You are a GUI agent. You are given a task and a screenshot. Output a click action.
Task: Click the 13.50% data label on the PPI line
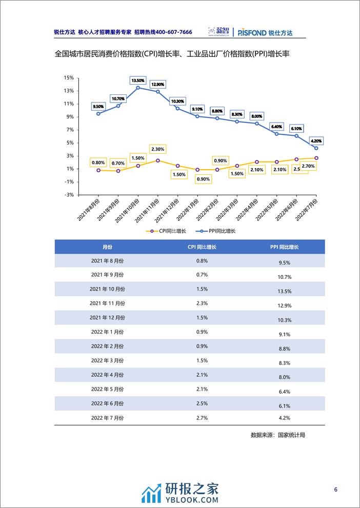[138, 80]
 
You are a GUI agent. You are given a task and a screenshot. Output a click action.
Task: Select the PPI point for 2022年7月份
[316, 148]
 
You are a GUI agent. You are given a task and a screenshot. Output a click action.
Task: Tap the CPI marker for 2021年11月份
[157, 160]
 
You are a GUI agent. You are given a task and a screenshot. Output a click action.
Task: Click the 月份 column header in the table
[107, 247]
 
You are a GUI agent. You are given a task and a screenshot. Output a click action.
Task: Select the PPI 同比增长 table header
[285, 247]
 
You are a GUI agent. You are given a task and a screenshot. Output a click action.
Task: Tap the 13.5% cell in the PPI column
[285, 291]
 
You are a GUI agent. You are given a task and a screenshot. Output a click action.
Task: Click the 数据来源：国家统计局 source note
[277, 435]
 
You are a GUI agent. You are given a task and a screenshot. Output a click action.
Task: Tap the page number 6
[335, 490]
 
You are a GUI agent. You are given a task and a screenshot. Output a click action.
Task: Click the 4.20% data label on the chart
[316, 140]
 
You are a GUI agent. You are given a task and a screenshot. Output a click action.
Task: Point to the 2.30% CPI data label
[157, 149]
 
